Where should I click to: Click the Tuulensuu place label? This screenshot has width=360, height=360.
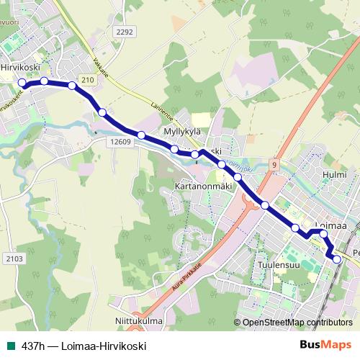pos(277,264)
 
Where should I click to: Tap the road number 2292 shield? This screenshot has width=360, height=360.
pos(125,32)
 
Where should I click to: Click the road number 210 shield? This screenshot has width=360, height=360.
pos(88,79)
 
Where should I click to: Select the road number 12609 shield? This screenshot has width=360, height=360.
pos(120,143)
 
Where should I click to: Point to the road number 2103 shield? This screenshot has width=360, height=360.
pos(14,258)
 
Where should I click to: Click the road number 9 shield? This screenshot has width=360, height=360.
pos(274,165)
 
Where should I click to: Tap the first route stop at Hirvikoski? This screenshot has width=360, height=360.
pos(22,84)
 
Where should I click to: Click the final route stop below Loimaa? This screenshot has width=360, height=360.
pos(336,258)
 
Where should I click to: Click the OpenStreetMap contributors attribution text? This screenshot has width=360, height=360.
pos(297,323)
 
